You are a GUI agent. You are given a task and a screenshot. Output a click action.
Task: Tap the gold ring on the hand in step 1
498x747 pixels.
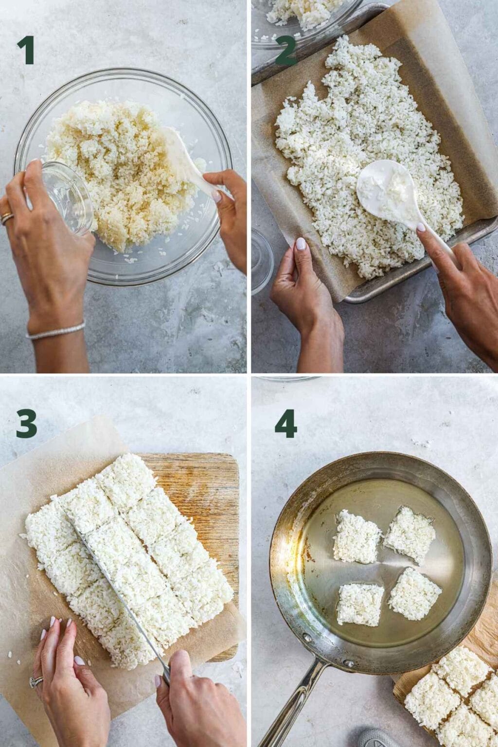click(7, 218)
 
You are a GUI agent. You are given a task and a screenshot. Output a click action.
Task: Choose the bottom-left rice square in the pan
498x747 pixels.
click(359, 605)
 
